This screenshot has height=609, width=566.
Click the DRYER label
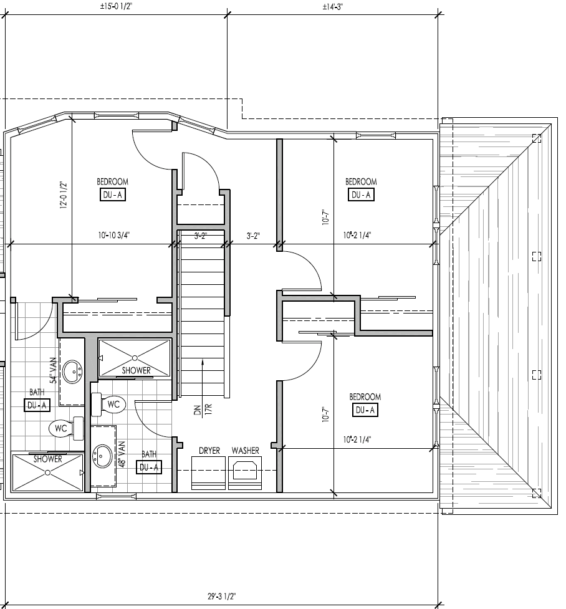point(209,451)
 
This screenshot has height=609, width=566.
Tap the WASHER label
point(246,451)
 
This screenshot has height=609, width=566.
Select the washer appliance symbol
point(246,469)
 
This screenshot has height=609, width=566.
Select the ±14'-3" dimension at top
point(332,6)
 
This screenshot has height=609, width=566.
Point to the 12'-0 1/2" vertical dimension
point(63,195)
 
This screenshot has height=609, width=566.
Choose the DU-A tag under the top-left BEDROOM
point(113,195)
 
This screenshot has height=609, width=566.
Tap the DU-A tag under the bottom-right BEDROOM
point(365,410)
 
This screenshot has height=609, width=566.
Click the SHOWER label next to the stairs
point(136,371)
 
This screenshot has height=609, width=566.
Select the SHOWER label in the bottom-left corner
point(47,459)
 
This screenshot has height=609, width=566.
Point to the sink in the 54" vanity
point(74,372)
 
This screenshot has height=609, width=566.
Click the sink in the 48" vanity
point(102,455)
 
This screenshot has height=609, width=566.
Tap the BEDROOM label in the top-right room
point(362,182)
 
